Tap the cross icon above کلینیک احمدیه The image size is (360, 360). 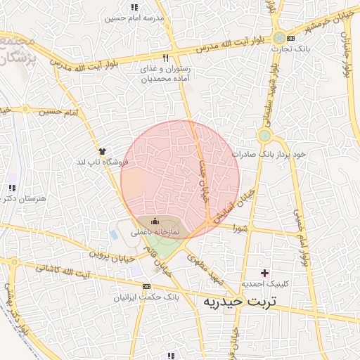point(264,273)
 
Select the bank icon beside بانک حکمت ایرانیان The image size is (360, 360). point(146,287)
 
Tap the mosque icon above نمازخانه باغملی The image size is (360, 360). point(155,222)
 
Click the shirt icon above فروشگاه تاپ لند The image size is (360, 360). point(103,150)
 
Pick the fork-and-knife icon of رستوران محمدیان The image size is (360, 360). point(166,59)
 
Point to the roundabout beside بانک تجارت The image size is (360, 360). point(281,37)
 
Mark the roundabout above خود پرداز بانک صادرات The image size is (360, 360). point(264,136)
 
